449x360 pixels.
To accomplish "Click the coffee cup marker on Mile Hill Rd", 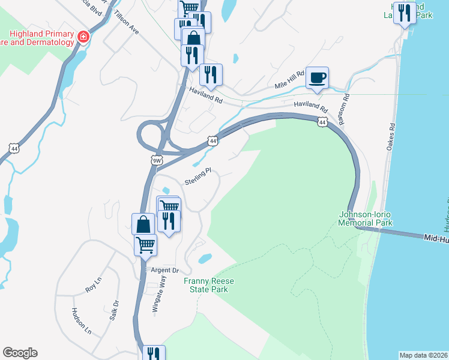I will (x=317, y=77).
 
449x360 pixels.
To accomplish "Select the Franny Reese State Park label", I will (x=206, y=285).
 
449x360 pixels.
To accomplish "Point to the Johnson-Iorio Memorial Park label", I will (x=366, y=218).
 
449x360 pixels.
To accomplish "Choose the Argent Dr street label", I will (x=164, y=271).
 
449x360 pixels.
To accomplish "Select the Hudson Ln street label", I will (x=81, y=321).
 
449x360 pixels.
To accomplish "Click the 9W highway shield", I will (x=157, y=160).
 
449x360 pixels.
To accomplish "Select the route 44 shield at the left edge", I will (x=14, y=148).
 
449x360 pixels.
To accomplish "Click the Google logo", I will (x=20, y=353).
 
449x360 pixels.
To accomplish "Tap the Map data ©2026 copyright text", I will (x=423, y=355).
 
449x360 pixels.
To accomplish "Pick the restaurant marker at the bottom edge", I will (x=153, y=354).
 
